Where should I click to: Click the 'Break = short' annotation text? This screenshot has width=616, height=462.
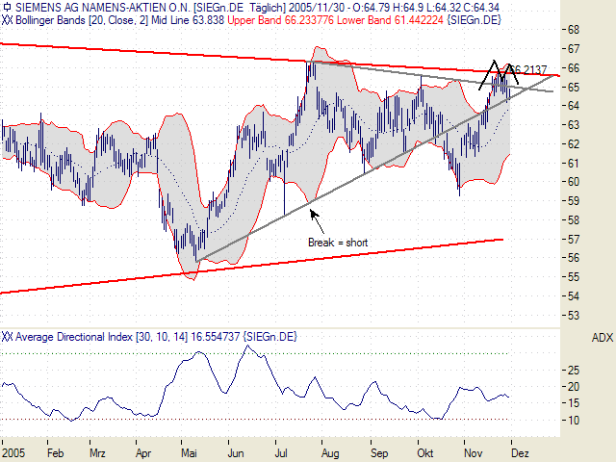(337, 242)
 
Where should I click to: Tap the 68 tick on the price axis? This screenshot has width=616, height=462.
(573, 29)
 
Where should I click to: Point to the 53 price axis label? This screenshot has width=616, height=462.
(573, 315)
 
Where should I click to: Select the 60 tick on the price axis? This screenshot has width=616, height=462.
(573, 182)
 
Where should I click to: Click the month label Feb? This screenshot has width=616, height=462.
(56, 450)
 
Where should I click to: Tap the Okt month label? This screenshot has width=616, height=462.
(425, 450)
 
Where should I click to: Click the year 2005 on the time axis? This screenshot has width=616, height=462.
(14, 450)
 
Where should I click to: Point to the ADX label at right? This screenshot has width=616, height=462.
(602, 338)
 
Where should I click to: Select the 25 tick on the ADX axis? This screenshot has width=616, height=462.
(573, 370)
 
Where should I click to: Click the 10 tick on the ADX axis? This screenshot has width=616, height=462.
(573, 421)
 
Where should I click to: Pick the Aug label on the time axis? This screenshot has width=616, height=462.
(330, 450)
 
